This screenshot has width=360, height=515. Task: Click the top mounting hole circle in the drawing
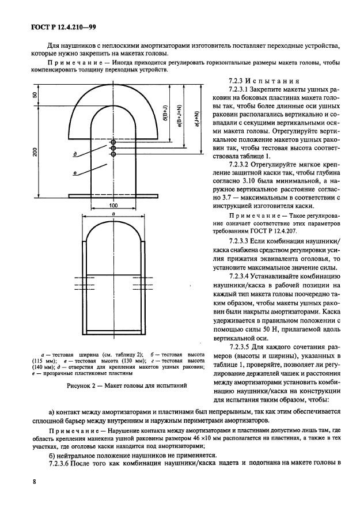pos(113,142)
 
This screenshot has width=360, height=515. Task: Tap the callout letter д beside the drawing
pos(75,154)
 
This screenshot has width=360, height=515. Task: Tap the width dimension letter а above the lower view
pos(113,212)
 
